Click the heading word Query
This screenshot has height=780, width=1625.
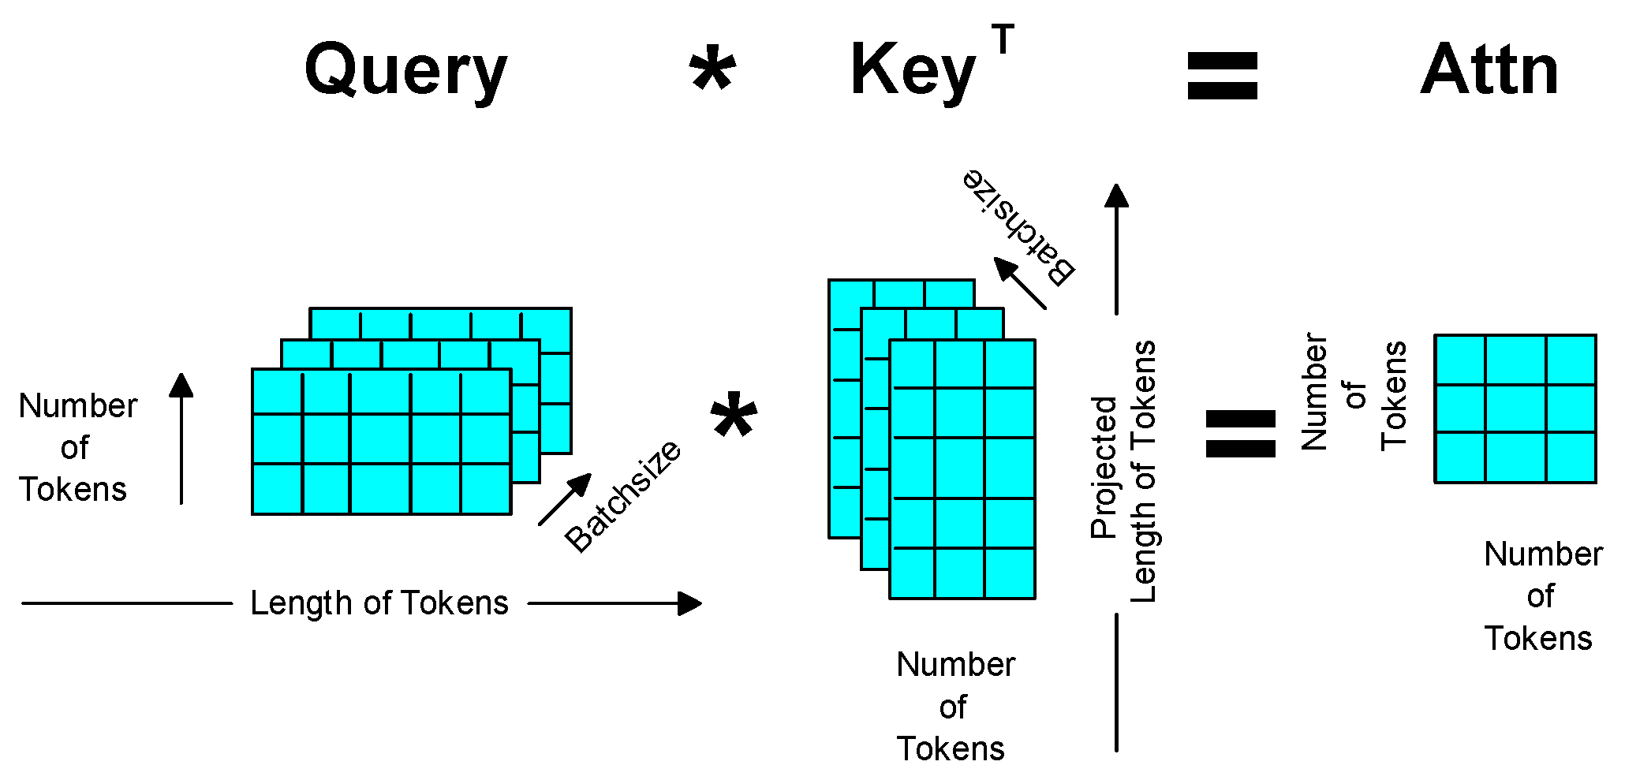coord(405,71)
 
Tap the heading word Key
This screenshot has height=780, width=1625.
coord(913,71)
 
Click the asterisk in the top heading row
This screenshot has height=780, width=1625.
coord(712,73)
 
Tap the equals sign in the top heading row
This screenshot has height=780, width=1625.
coord(1222,76)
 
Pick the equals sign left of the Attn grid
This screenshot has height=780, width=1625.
coord(1240,433)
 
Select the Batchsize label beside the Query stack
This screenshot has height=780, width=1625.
coord(623,496)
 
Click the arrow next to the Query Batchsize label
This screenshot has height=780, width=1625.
coord(565,498)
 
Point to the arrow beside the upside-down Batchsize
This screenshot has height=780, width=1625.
coord(1019,282)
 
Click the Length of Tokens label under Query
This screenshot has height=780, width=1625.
coord(379,603)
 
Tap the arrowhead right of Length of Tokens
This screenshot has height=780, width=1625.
coord(689,603)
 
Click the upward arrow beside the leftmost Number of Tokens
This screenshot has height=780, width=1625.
coord(181,438)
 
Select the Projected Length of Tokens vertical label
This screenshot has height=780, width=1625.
coord(1123,472)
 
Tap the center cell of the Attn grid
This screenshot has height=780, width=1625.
coord(1515,408)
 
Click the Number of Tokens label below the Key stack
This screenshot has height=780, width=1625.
coord(954,707)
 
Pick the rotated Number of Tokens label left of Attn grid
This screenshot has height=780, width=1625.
coord(1354,393)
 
